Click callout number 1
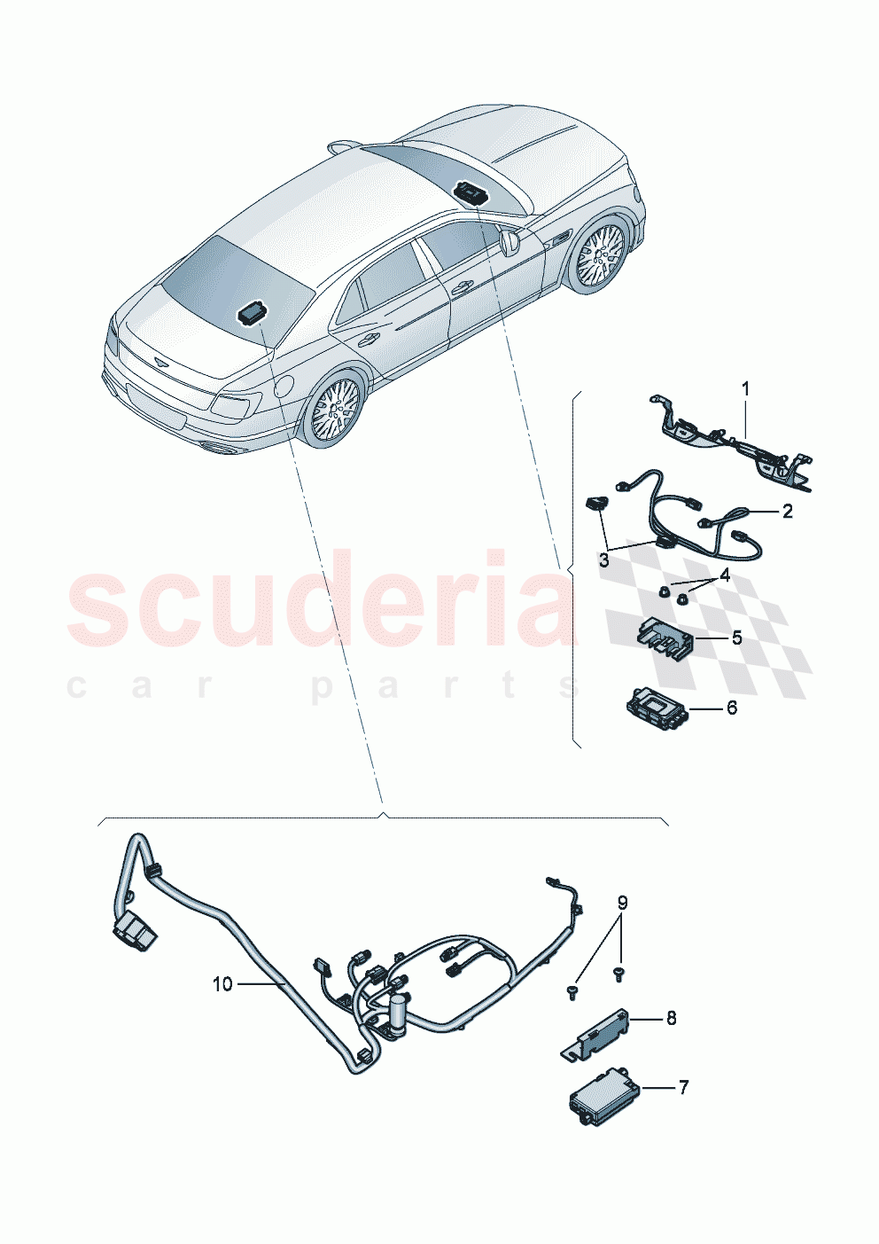[745, 388]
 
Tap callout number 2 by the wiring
[787, 511]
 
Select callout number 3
[603, 559]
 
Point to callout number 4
[724, 575]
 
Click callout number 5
[736, 637]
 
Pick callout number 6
[731, 708]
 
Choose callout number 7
[683, 1087]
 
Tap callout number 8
[671, 1018]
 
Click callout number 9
[622, 903]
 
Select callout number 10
[222, 983]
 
